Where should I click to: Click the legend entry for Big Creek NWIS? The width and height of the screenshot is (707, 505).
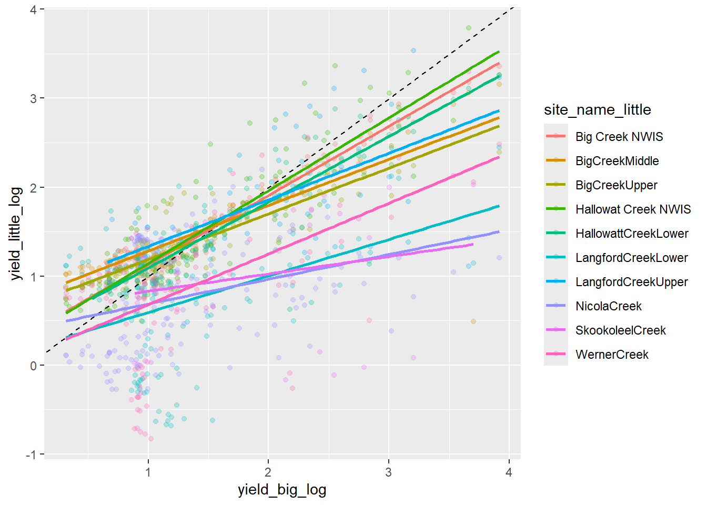tap(619, 137)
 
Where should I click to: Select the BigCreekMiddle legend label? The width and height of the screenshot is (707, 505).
tap(617, 161)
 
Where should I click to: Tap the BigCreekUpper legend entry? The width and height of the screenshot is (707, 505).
tap(616, 185)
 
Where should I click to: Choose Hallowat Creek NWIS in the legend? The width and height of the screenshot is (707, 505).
tap(633, 209)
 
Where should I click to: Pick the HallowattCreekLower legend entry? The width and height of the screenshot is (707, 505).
tap(631, 234)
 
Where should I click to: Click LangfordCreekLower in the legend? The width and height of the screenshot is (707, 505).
tap(631, 258)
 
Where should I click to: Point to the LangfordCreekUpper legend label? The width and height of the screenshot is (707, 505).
tap(631, 282)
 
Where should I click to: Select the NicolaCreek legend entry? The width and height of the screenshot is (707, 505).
tap(608, 306)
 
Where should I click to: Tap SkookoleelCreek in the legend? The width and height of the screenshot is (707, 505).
tap(620, 330)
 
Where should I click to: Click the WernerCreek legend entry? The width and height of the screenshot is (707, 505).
tap(612, 355)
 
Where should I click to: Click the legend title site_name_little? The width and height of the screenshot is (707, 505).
tap(597, 109)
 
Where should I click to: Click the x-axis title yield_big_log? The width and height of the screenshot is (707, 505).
tap(282, 490)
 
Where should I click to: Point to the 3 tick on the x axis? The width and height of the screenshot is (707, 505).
tap(388, 472)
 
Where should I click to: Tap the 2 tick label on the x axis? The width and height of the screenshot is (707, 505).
tap(268, 472)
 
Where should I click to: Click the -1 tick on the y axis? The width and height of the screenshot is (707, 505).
tap(33, 454)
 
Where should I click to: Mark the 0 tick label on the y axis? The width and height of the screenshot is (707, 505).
tap(34, 366)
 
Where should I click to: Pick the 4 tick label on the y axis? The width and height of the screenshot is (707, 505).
tap(34, 9)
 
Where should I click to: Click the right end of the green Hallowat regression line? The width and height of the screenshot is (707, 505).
tap(499, 52)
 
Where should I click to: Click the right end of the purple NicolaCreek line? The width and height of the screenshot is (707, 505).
tap(499, 231)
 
